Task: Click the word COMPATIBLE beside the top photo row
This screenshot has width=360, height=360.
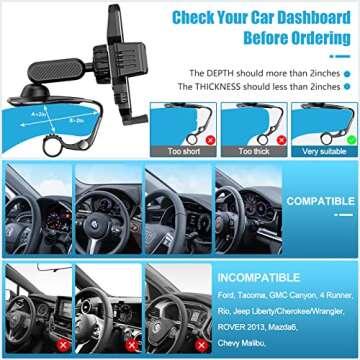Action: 320,200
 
